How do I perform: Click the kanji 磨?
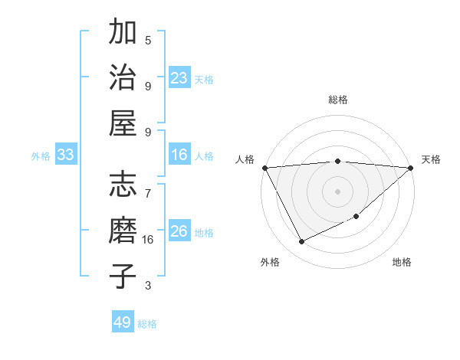coord(123,231)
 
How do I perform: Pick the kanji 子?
coord(123,276)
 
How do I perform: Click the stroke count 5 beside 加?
coord(148,40)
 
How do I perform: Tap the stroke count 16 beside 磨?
coord(148,240)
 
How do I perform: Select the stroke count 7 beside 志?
coord(148,186)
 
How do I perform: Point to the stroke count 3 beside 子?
coord(148,286)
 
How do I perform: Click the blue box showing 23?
coord(179,77)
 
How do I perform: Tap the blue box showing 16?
coord(179,155)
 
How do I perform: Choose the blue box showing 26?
coord(179,231)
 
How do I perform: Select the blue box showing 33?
coord(66,155)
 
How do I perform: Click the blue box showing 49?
coord(123,322)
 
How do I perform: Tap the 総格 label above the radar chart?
coord(338,100)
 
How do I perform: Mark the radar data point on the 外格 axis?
coord(301,242)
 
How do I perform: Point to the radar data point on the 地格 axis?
coord(357,217)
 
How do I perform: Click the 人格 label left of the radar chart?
coord(245,159)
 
